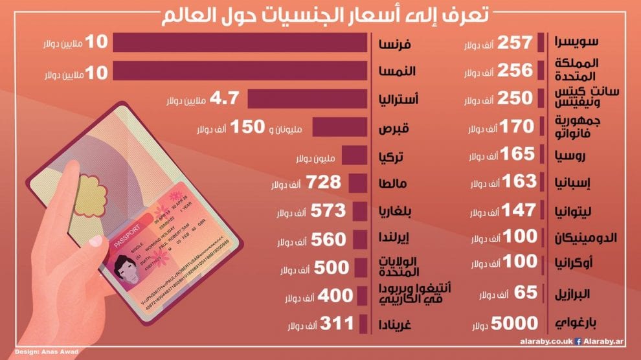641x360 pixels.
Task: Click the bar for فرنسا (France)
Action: coord(240,42)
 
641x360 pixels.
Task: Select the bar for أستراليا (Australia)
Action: coord(308,98)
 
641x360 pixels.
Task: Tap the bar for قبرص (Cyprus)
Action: coord(342,127)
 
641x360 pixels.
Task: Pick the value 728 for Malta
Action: coord(324,183)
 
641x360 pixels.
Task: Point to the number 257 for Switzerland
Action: coord(515,43)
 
